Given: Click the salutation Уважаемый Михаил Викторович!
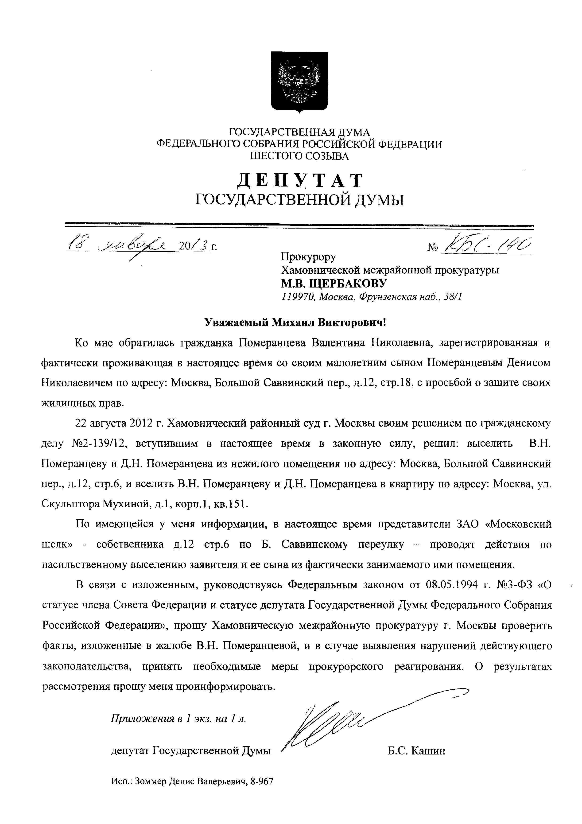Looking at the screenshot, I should coord(295,322).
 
